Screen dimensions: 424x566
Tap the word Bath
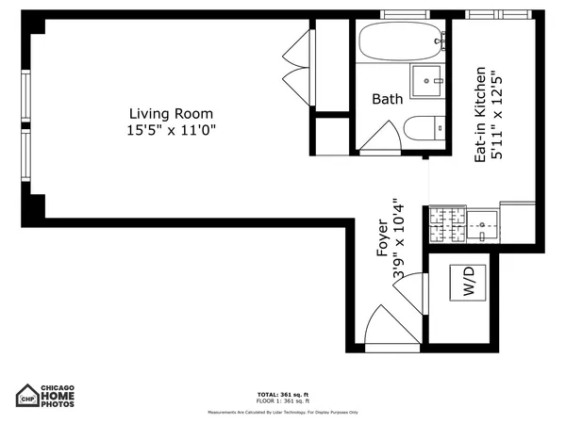pyautogui.click(x=387, y=99)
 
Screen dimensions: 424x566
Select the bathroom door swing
pyautogui.click(x=381, y=139)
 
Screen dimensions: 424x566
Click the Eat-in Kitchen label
pyautogui.click(x=480, y=114)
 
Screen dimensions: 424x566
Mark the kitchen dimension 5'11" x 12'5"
pyautogui.click(x=497, y=114)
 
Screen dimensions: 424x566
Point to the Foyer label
pyautogui.click(x=382, y=238)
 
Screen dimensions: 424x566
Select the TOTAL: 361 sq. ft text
pyautogui.click(x=282, y=394)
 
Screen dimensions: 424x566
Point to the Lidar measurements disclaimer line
pyautogui.click(x=282, y=412)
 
